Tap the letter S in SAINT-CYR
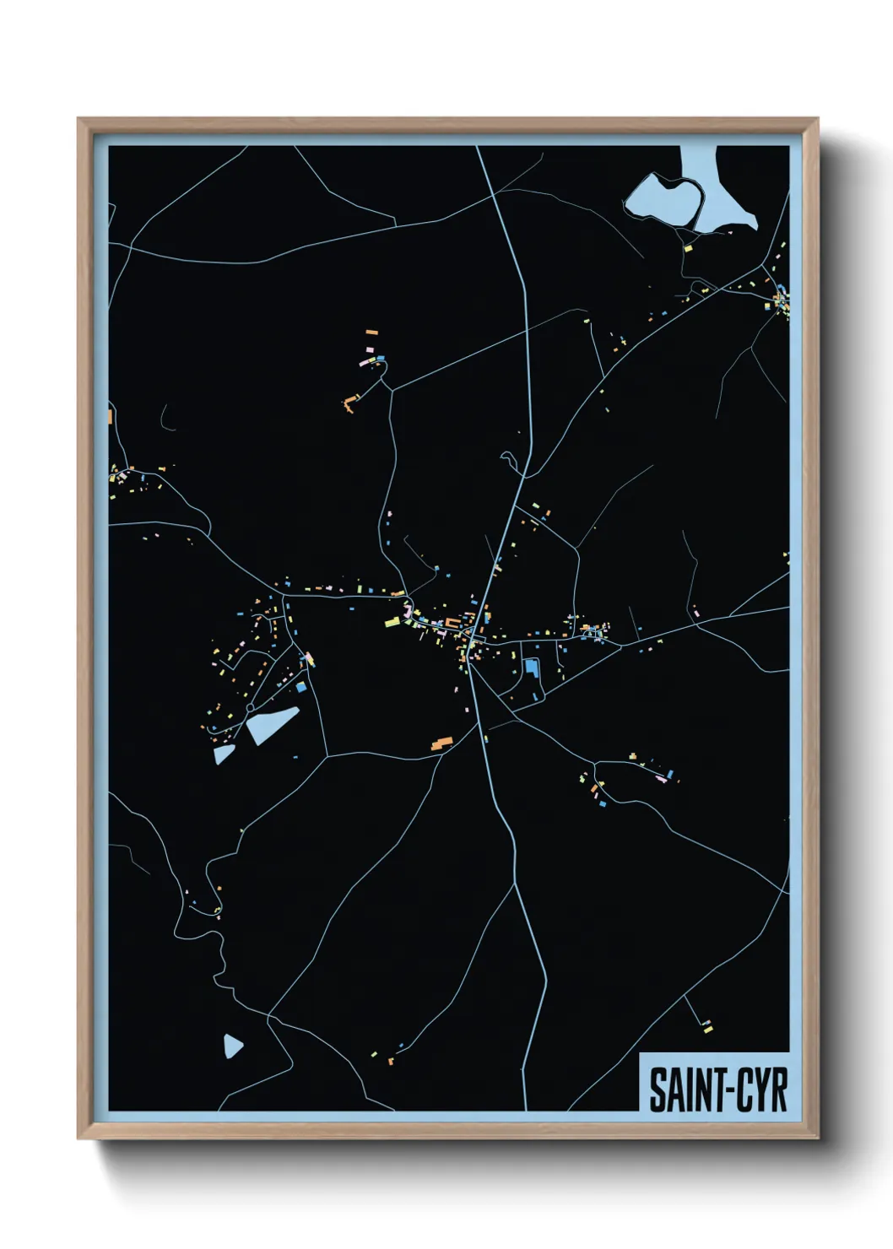(x=657, y=1089)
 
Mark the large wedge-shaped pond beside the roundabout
(x=272, y=724)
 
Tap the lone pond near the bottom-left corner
(x=233, y=1046)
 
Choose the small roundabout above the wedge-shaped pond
(x=251, y=706)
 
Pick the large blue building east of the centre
(x=531, y=667)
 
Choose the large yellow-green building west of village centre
(x=392, y=622)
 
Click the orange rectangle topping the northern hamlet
(x=371, y=333)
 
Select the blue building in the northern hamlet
(x=381, y=359)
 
